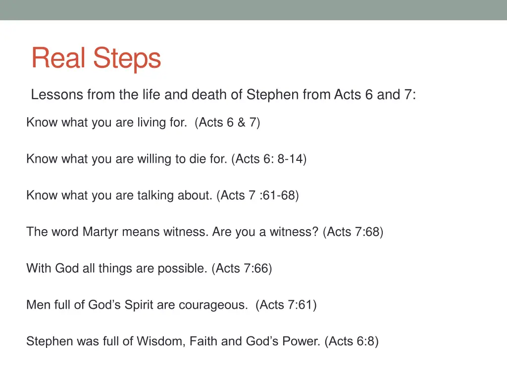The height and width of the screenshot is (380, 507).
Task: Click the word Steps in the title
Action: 127,59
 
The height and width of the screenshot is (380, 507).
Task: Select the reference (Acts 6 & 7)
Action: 228,122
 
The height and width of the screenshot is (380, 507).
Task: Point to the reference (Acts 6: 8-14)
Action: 269,159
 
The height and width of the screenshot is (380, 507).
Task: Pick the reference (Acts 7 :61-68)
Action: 257,195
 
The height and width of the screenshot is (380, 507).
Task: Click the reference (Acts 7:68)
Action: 353,232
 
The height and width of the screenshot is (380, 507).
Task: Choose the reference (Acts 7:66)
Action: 242,268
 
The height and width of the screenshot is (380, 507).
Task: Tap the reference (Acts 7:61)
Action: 286,305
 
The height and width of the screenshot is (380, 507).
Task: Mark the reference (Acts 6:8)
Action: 352,341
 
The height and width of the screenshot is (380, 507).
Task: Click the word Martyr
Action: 101,232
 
